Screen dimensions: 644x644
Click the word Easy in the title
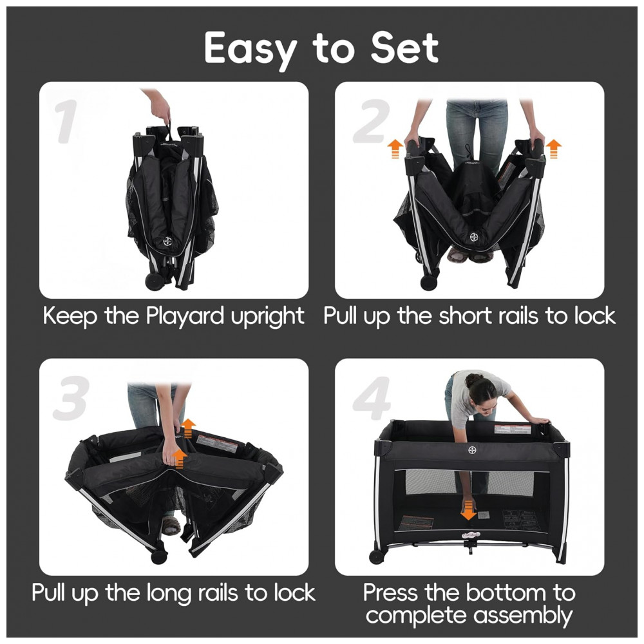(x=250, y=50)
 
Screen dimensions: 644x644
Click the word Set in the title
(x=404, y=48)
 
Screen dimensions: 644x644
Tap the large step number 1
(x=66, y=121)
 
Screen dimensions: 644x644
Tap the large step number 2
(x=372, y=121)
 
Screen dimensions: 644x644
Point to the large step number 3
(x=71, y=398)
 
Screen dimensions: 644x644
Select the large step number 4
(x=372, y=398)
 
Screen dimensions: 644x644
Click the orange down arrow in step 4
(x=468, y=511)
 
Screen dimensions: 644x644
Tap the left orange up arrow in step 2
(x=395, y=149)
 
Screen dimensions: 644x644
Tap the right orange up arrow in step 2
(x=553, y=149)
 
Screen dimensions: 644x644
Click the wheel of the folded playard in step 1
(x=155, y=282)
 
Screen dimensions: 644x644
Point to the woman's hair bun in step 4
(x=473, y=379)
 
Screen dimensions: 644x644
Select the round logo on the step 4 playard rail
(x=472, y=450)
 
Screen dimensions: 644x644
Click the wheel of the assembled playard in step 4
(x=377, y=556)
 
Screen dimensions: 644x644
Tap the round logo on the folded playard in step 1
(x=167, y=241)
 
